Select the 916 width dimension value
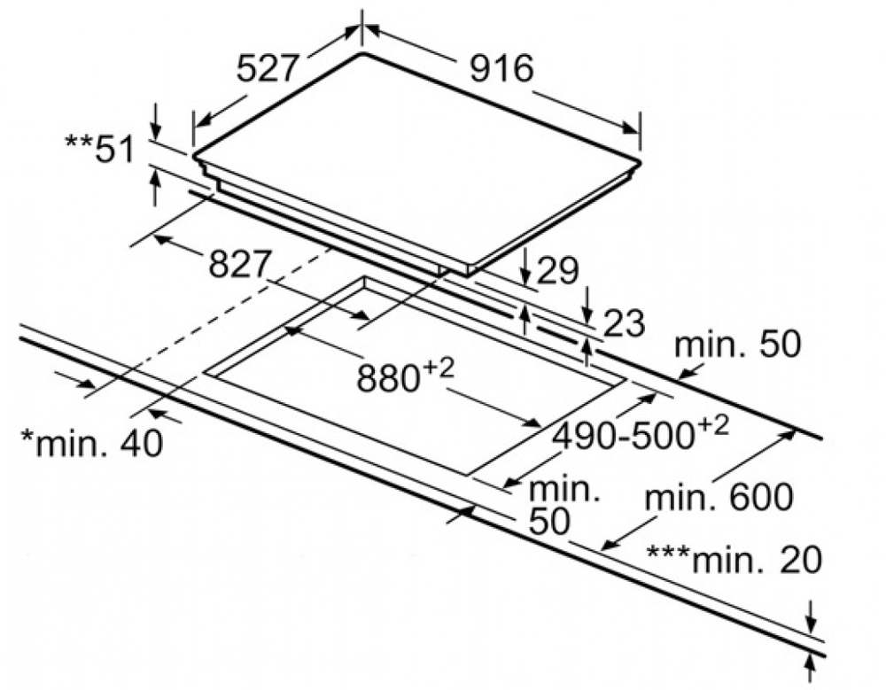[501, 68]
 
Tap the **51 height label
[100, 150]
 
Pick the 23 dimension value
[623, 324]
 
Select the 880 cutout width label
[391, 378]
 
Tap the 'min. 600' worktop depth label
[719, 498]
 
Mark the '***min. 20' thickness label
[734, 559]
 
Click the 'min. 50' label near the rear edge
[737, 345]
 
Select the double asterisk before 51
[78, 143]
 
